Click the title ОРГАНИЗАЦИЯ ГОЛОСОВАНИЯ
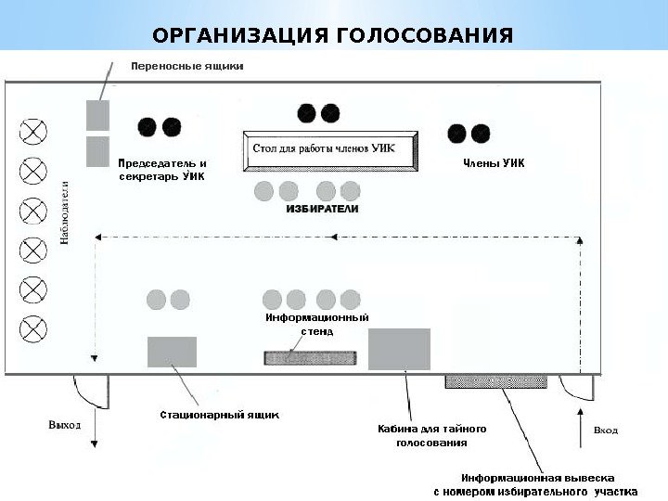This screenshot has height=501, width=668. coord(333,36)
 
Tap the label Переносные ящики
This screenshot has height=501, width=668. coord(187,67)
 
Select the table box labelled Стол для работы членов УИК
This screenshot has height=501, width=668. coord(330,149)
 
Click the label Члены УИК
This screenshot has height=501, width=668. coord(494,163)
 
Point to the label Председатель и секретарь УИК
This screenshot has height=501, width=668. coord(163,169)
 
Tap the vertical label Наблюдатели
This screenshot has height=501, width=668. coord(66,212)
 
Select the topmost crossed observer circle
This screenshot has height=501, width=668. coord(33,131)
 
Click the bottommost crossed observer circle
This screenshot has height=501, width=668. coord(33,328)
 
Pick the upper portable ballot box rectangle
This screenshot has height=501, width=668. coord(97,115)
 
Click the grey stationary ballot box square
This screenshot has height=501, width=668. coord(172,352)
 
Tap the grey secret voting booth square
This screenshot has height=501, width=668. coord(399,349)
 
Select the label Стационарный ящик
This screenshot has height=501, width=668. coord(219,415)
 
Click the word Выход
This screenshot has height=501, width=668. coord(64,425)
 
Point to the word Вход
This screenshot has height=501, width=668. coord(605,430)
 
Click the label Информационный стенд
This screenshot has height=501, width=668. coord(317,324)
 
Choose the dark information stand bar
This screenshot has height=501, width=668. coord(310,357)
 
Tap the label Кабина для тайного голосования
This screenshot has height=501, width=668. coord(431,436)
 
